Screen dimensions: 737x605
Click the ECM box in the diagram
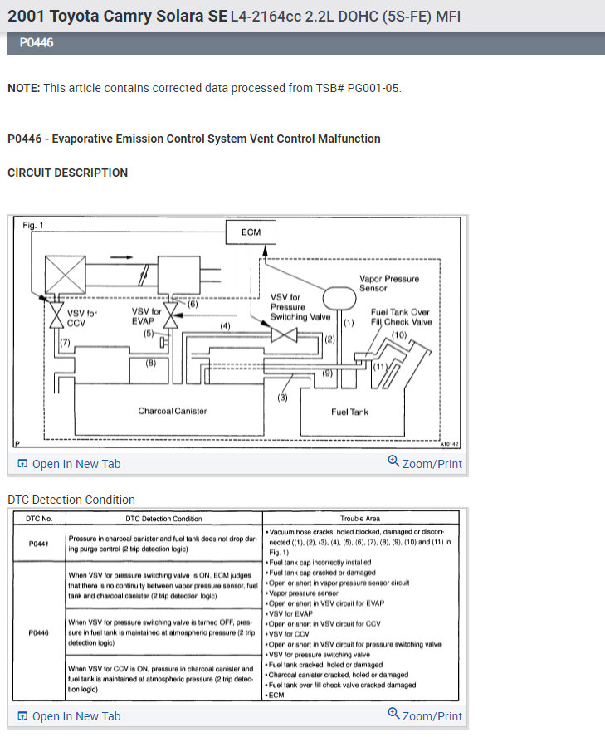[251, 233]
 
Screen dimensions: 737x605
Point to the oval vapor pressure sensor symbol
[338, 296]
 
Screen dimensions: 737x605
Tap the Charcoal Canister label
[172, 411]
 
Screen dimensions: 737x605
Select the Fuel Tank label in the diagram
[349, 412]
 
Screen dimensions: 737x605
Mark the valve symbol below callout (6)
[172, 316]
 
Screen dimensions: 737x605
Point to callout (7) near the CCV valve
[64, 343]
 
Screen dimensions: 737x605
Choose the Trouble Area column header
[362, 519]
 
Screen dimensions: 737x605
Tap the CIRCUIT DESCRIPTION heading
[67, 173]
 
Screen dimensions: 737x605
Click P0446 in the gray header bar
[37, 42]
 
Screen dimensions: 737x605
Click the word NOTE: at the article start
[23, 88]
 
